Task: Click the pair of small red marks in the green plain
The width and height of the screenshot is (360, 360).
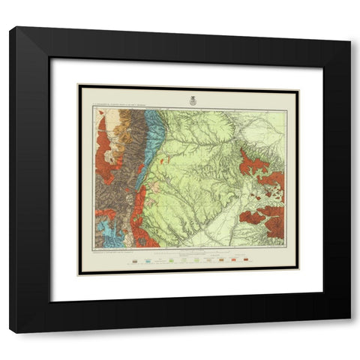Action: pos(173,160)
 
